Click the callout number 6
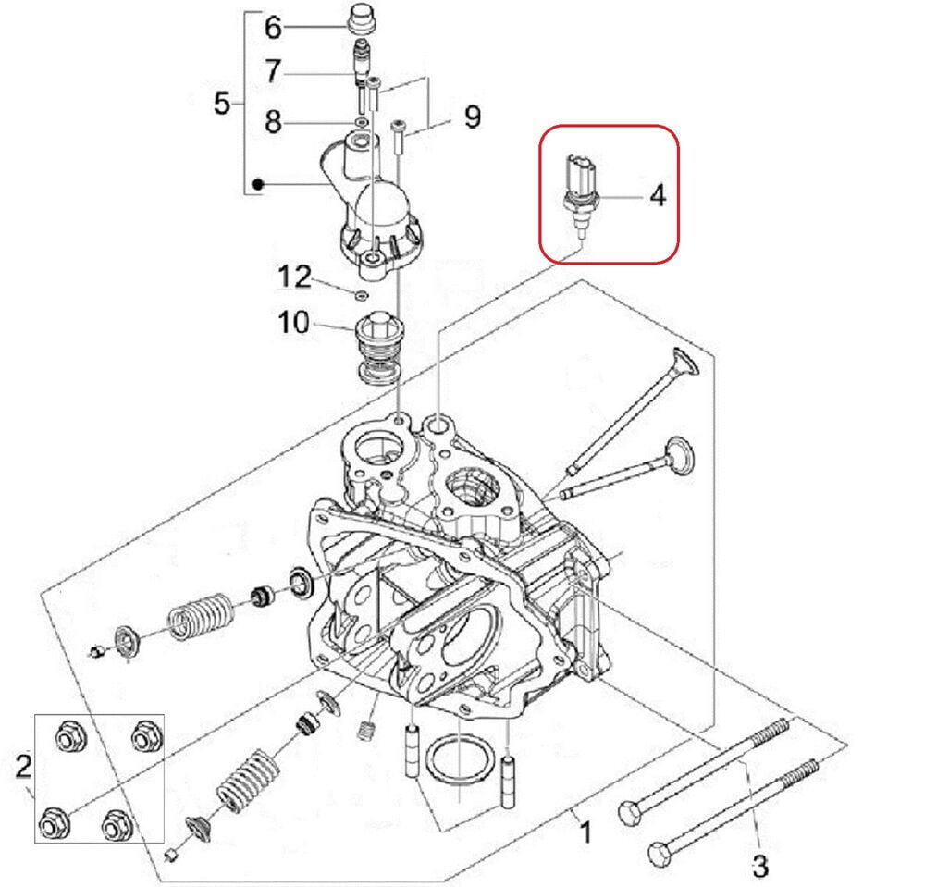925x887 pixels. coord(273,28)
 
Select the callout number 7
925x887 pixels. coord(273,70)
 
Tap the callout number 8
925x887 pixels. coord(273,120)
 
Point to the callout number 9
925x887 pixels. coord(472,117)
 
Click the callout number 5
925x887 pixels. coord(222,103)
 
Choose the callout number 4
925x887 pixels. coord(657,196)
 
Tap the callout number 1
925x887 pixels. coord(585,832)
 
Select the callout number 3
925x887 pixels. coord(759,867)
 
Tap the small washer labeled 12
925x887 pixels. coord(361,295)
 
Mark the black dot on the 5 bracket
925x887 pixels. coord(260,185)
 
